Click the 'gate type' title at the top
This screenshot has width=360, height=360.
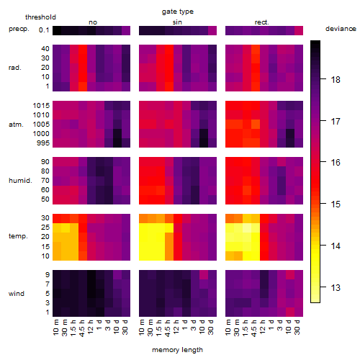178,12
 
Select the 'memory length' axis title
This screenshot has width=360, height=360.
177,350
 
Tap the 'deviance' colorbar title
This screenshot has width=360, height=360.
341,29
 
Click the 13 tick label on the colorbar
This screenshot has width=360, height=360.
336,287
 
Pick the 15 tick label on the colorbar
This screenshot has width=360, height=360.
336,204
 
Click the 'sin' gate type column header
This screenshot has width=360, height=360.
177,22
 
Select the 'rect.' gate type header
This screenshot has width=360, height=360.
262,22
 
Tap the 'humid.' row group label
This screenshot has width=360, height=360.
20,181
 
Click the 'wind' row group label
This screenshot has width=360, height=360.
17,294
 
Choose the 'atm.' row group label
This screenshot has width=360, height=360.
16,125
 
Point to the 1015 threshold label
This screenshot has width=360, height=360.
41,106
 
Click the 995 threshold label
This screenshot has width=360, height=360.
43,143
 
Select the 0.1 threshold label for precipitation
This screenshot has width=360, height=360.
44,30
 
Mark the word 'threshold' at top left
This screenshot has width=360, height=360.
40,17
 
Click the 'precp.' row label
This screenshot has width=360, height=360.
19,29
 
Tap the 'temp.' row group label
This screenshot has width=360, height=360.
18,236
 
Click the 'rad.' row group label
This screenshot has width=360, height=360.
15,68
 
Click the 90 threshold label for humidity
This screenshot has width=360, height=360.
45,162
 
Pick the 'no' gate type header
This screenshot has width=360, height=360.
93,22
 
